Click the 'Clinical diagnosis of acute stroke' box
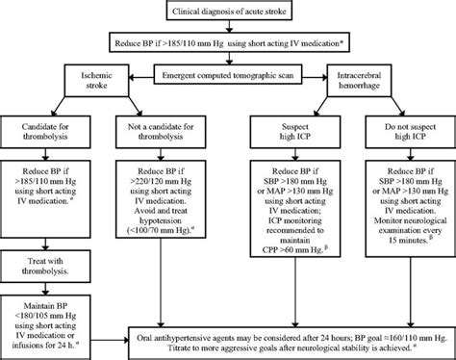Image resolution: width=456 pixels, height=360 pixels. [229, 11]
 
